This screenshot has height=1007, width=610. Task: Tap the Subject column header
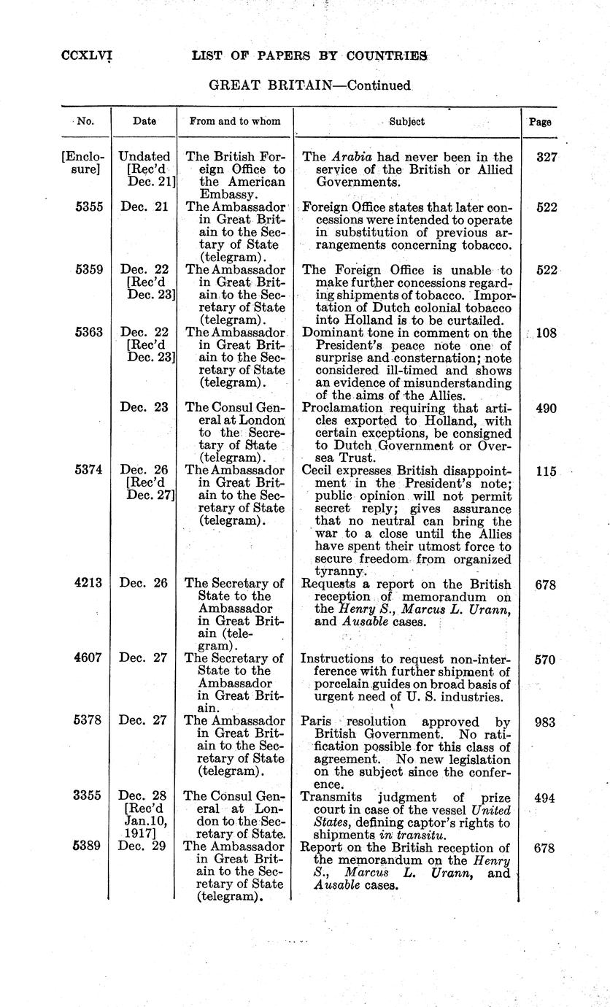coord(406,122)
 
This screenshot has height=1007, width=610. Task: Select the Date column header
coord(144,122)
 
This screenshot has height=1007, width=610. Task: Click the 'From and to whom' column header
coord(234,122)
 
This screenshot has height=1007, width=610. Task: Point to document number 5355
coord(91,207)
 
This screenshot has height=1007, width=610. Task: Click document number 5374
coord(91,471)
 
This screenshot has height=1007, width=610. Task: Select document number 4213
coord(91,584)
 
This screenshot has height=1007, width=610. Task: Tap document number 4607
coord(91,659)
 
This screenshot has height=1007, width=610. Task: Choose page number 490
coord(545,409)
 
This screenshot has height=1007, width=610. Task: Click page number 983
coord(545,722)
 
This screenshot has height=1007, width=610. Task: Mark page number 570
coord(545,660)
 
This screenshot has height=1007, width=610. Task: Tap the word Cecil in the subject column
coord(318,471)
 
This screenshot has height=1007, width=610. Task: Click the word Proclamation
coord(338,409)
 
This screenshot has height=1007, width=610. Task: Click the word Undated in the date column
coord(144,157)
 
